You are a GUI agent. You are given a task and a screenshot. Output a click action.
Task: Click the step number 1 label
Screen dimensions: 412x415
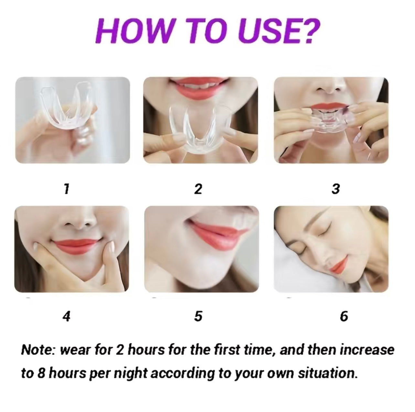(66, 189)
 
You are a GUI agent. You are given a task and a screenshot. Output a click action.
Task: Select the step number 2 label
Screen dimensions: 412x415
(198, 189)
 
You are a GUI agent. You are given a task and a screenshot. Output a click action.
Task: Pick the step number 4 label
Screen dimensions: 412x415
(66, 316)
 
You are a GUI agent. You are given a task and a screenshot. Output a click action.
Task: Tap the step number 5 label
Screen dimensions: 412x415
(198, 316)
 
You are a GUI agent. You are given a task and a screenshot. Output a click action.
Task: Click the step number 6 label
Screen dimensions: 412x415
(344, 316)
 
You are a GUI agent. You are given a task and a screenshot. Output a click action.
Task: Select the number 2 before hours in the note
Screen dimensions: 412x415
(119, 350)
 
